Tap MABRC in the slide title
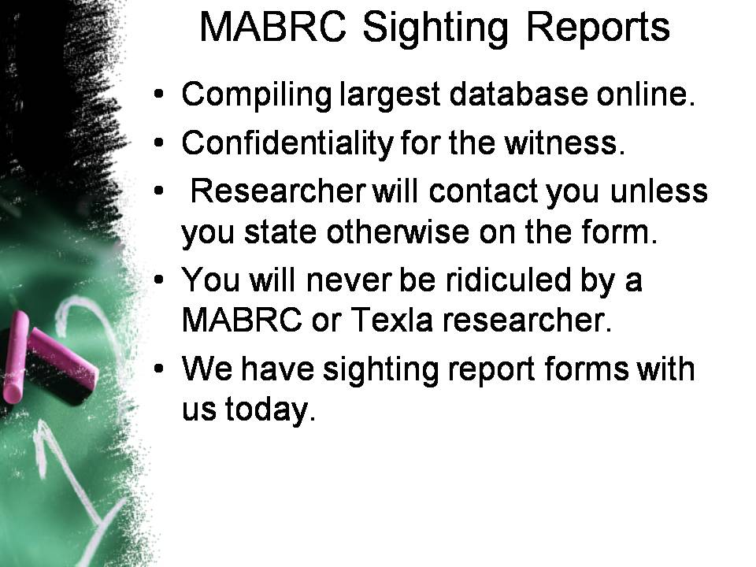tap(272, 27)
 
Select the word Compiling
tap(257, 95)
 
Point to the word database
tap(518, 94)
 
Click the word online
tap(646, 94)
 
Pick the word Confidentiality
tap(287, 143)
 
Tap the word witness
tap(565, 143)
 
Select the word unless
tap(659, 191)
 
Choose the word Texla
tap(391, 319)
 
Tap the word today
tap(270, 410)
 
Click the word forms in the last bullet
tap(586, 369)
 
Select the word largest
tap(390, 95)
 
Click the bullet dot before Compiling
tap(158, 94)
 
